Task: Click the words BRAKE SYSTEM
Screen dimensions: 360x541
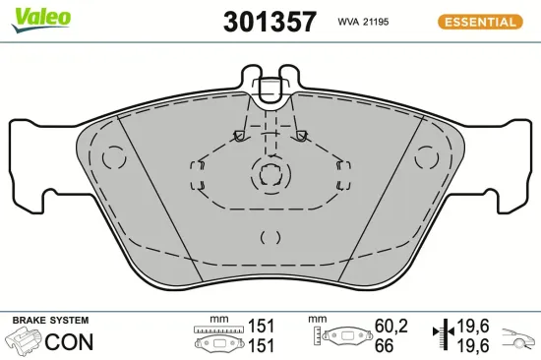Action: pyautogui.click(x=49, y=321)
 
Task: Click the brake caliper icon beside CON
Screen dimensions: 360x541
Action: pyautogui.click(x=26, y=342)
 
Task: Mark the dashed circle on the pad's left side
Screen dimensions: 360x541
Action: pyautogui.click(x=116, y=157)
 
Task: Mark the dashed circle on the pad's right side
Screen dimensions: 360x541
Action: pyautogui.click(x=427, y=156)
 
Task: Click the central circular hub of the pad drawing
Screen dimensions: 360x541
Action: pyautogui.click(x=271, y=176)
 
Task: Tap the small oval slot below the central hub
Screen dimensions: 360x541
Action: pyautogui.click(x=271, y=236)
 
